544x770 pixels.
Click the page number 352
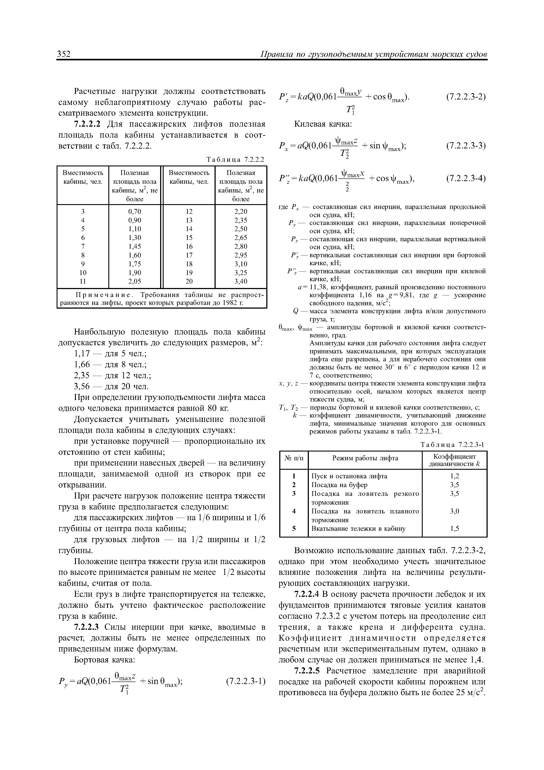point(64,54)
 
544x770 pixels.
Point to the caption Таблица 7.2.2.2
point(236,159)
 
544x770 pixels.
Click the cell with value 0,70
point(135,212)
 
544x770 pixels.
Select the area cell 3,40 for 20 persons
point(241,281)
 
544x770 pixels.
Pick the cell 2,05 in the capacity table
point(135,281)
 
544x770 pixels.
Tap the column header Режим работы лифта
point(365,458)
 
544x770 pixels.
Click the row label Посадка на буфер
point(339,485)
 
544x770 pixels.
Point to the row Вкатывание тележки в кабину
point(358,529)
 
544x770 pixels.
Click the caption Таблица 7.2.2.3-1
point(452,445)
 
